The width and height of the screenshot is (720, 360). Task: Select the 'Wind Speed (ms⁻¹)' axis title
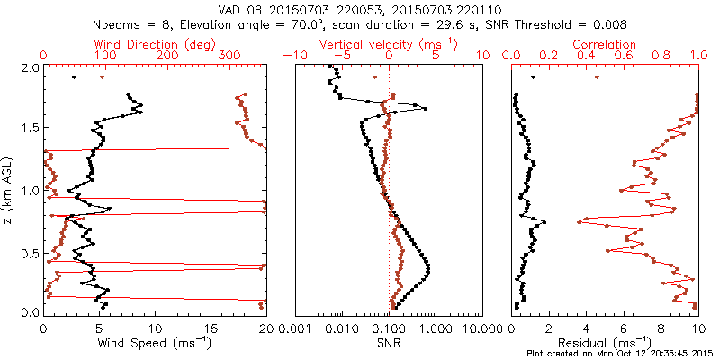point(156,342)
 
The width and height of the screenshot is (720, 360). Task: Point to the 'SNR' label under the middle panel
point(389,342)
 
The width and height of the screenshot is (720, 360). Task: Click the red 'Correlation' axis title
point(604,44)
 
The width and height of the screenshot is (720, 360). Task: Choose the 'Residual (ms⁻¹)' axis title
point(605,342)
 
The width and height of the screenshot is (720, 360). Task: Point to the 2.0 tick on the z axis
point(30,67)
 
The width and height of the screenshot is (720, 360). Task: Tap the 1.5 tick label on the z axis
point(30,129)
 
